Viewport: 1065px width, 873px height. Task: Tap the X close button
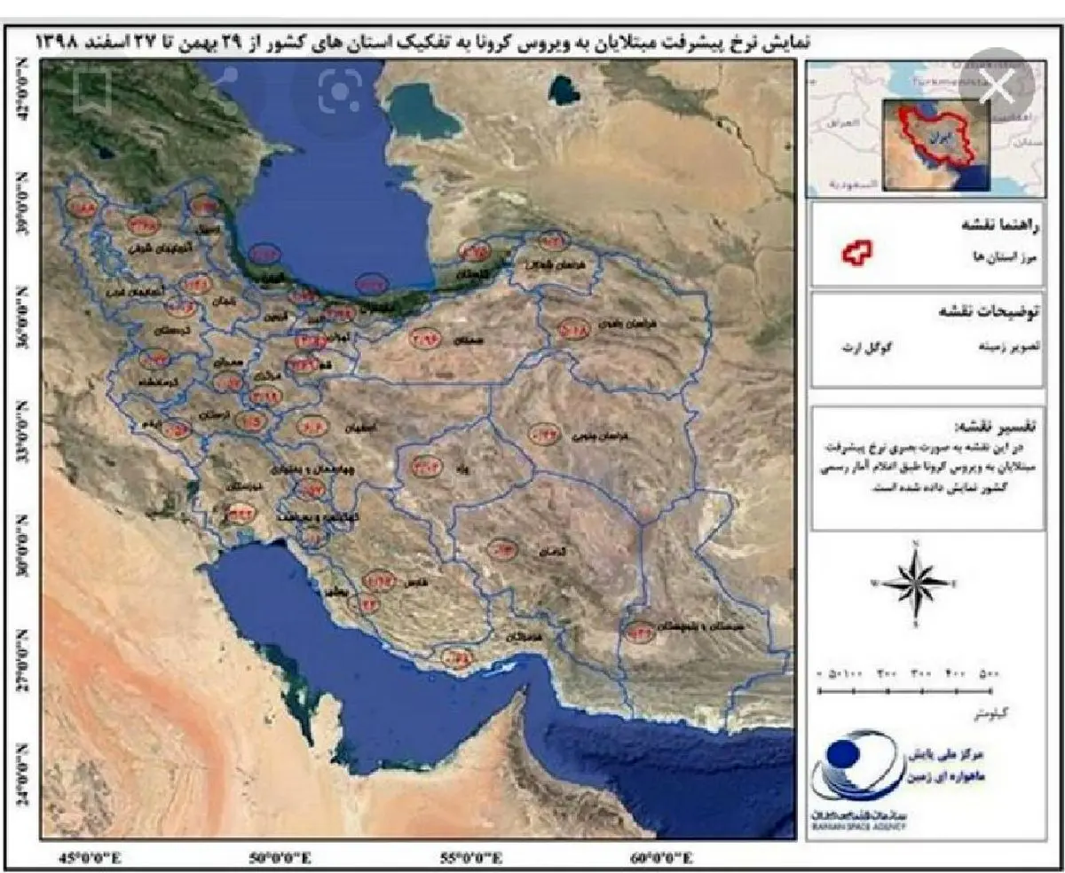pos(999,86)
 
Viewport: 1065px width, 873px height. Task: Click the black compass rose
pos(918,582)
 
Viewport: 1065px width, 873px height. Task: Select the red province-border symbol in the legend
pos(857,256)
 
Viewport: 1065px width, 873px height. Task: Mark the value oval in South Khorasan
pos(543,434)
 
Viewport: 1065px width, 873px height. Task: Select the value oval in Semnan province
pos(425,337)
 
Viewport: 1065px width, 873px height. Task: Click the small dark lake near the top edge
pos(563,88)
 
